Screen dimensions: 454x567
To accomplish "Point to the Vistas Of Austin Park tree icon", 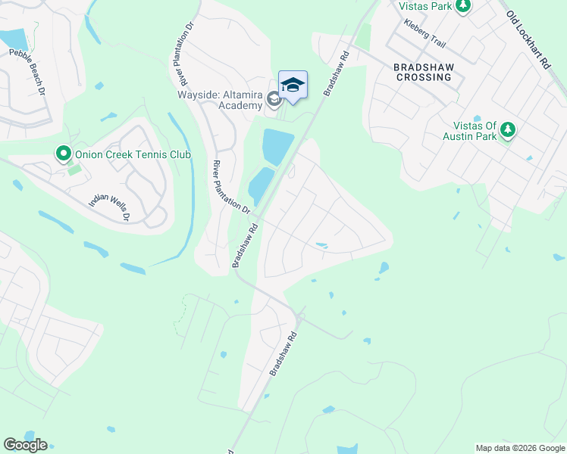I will (x=507, y=129).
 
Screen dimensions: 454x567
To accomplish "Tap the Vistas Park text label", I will (x=424, y=5).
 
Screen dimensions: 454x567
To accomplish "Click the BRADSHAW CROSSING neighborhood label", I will (x=424, y=72).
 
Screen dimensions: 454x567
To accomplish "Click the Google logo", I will (x=25, y=445).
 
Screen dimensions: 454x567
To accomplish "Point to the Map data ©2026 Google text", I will (x=519, y=448).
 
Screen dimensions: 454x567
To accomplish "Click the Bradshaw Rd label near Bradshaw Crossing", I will (x=335, y=73).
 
